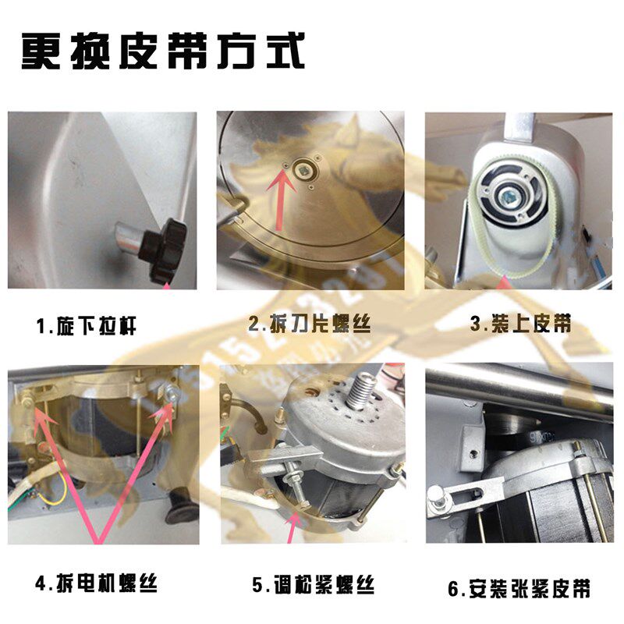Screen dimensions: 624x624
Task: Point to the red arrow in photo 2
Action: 278,194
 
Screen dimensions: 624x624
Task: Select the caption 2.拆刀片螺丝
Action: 309,324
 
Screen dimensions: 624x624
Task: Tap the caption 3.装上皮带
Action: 521,324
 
